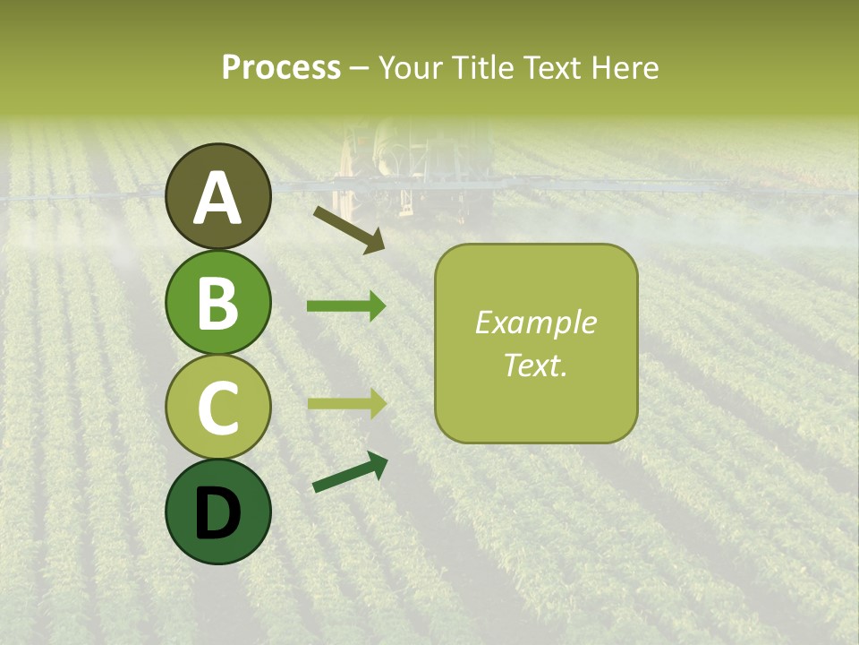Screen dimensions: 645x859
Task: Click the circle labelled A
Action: point(218,196)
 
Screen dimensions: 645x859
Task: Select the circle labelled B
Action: point(218,302)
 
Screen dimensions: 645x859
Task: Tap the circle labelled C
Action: point(218,407)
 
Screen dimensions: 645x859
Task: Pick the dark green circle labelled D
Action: point(218,512)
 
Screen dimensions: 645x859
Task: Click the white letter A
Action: point(218,197)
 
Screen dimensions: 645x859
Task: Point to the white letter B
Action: point(218,302)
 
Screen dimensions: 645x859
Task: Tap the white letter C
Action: point(218,408)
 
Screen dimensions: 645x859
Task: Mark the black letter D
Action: point(218,513)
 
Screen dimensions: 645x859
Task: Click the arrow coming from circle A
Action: point(350,228)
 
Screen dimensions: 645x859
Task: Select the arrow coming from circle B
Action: point(346,306)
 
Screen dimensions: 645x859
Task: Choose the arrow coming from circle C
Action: point(346,403)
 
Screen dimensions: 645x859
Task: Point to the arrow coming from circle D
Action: point(350,472)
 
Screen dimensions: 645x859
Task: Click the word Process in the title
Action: point(281,68)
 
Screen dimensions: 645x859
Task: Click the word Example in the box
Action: point(535,323)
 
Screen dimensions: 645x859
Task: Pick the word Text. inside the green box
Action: point(535,365)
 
